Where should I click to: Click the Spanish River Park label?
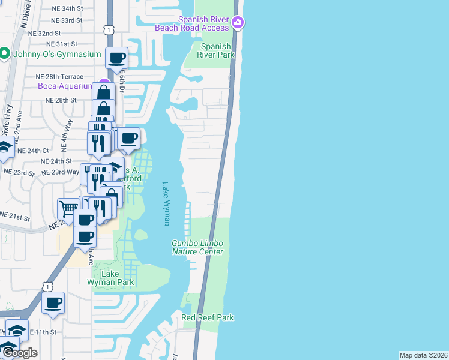[x=217, y=50]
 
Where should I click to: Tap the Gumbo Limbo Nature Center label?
[x=197, y=247]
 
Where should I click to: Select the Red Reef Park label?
[x=208, y=317]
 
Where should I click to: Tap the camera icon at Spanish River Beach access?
[x=238, y=23]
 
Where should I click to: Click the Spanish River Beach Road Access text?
[x=192, y=23]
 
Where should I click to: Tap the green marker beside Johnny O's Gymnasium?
[x=4, y=54]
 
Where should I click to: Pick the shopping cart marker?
[x=68, y=209]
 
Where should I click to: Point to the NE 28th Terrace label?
[x=59, y=77]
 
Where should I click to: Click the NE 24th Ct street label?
[x=33, y=151]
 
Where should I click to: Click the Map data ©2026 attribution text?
[x=424, y=355]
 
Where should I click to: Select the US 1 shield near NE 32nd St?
[x=107, y=29]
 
